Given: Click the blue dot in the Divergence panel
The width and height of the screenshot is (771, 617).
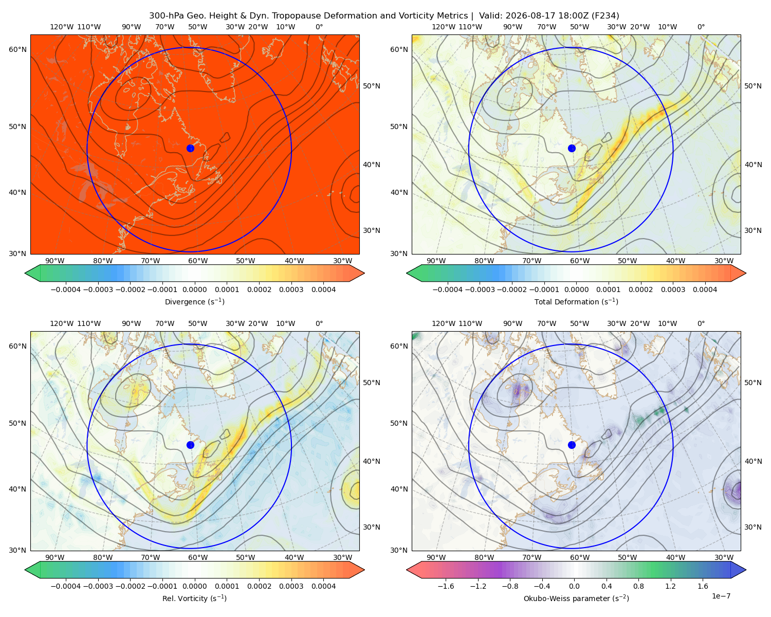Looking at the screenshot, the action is pyautogui.click(x=190, y=148).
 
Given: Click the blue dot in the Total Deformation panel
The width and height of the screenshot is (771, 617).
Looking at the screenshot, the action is pyautogui.click(x=572, y=148).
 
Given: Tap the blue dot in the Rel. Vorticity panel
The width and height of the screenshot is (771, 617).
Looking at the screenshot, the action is pyautogui.click(x=190, y=445).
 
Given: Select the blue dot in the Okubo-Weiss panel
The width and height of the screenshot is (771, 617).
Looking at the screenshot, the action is pyautogui.click(x=572, y=445).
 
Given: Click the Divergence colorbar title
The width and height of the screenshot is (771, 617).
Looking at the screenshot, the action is pyautogui.click(x=194, y=301).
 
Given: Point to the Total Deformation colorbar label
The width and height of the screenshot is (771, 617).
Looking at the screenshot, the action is pyautogui.click(x=576, y=301).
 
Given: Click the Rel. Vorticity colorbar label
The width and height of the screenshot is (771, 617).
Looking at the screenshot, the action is pyautogui.click(x=194, y=598).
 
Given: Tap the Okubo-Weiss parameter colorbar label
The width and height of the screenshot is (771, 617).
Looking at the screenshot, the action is pyautogui.click(x=576, y=598).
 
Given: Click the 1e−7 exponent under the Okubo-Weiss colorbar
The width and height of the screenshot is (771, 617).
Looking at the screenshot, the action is pyautogui.click(x=721, y=596).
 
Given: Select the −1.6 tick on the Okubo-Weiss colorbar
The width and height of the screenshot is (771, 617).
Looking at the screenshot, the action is pyautogui.click(x=446, y=586).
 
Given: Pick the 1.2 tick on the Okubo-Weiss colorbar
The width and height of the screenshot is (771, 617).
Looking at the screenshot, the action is pyautogui.click(x=670, y=586).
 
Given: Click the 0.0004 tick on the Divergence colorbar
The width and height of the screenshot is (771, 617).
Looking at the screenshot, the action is pyautogui.click(x=323, y=289).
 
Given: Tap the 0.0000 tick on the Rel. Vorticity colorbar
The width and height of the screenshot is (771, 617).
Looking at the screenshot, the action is pyautogui.click(x=194, y=586).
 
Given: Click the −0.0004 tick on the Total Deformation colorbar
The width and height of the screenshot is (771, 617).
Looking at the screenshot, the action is pyautogui.click(x=448, y=289).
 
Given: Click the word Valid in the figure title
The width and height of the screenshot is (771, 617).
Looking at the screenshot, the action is pyautogui.click(x=489, y=16).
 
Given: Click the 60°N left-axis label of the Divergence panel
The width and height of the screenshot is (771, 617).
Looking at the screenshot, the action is pyautogui.click(x=17, y=49).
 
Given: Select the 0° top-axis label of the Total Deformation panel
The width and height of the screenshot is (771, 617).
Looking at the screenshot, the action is pyautogui.click(x=701, y=27).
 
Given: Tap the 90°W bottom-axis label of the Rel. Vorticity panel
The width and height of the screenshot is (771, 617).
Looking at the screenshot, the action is pyautogui.click(x=55, y=557).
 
